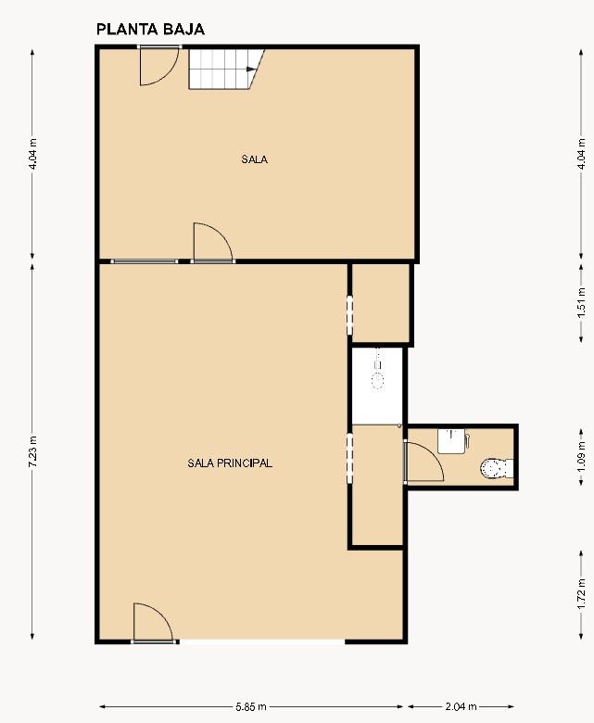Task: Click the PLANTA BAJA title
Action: click(x=150, y=30)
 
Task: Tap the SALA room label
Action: click(x=255, y=159)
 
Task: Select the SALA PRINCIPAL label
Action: click(x=230, y=463)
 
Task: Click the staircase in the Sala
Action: click(x=226, y=69)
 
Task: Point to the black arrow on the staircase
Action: click(x=251, y=70)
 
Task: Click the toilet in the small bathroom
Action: click(x=497, y=469)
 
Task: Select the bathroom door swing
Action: click(x=424, y=462)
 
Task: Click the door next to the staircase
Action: click(x=159, y=66)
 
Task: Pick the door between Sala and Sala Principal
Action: click(x=213, y=243)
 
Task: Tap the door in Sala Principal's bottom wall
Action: click(x=154, y=623)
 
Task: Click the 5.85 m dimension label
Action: click(x=251, y=706)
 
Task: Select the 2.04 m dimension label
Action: click(x=461, y=706)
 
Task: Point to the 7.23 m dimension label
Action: click(x=32, y=451)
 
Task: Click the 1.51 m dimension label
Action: click(x=581, y=302)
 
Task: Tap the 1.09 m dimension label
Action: click(x=581, y=456)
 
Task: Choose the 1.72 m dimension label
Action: click(x=581, y=594)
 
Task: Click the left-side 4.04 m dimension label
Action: click(x=32, y=154)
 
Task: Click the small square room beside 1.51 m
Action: click(x=381, y=302)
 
